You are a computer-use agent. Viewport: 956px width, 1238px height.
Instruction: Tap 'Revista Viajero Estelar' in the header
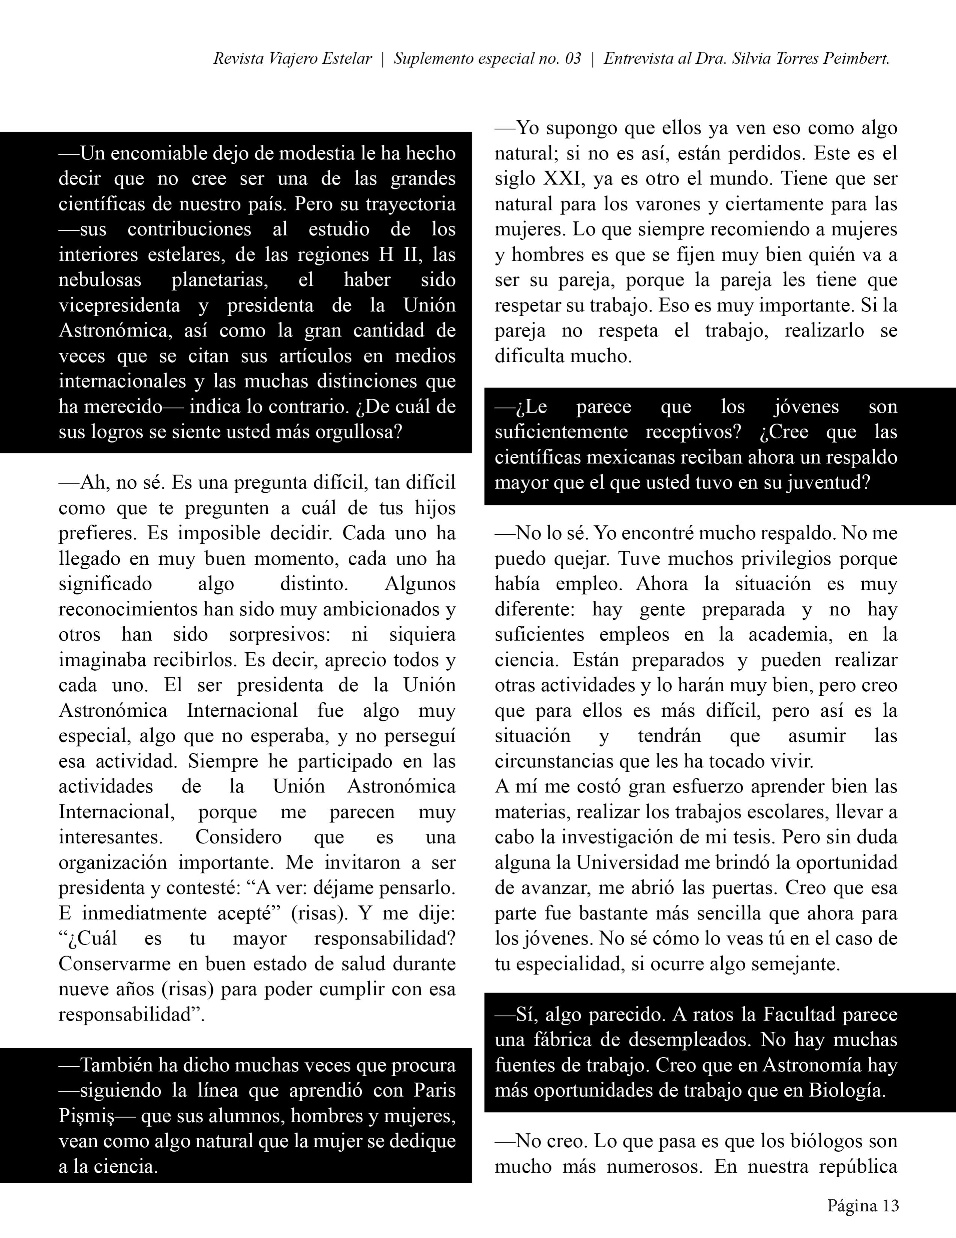tap(292, 59)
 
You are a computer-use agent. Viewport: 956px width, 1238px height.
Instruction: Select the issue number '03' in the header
tap(573, 59)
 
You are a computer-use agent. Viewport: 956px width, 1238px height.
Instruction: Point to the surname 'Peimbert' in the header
tap(856, 59)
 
